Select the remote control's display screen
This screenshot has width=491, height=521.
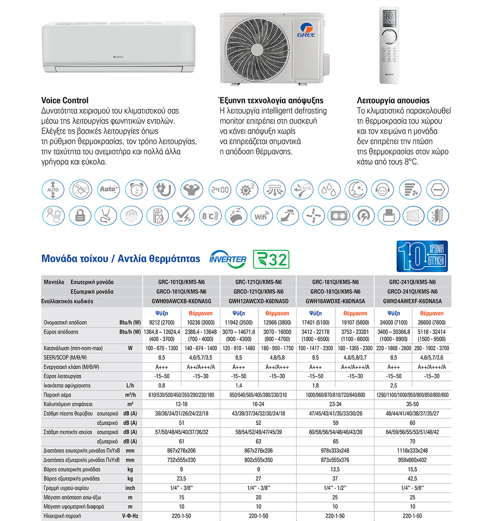tap(389, 18)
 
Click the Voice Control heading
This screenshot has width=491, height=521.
tap(65, 100)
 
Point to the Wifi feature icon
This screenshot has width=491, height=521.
tap(262, 216)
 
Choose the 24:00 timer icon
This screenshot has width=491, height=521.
tap(220, 189)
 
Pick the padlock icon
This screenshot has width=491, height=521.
tap(80, 216)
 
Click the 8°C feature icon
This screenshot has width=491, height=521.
tap(210, 216)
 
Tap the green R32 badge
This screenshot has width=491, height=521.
tap(271, 259)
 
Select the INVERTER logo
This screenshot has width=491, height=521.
tap(228, 259)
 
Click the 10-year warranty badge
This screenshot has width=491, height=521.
tap(422, 256)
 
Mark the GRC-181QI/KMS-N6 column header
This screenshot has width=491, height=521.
tap(335, 282)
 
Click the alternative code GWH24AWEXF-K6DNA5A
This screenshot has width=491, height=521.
tap(412, 301)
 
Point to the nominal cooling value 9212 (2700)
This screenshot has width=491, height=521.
tap(162, 322)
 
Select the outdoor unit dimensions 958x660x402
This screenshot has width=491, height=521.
tap(412, 460)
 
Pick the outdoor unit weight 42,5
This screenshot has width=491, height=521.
tap(412, 478)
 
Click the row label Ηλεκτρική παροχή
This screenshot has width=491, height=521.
tap(62, 516)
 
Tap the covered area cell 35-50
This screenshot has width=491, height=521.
tap(412, 404)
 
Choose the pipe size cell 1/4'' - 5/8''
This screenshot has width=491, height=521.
tap(412, 488)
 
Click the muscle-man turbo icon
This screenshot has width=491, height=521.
tap(192, 189)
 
